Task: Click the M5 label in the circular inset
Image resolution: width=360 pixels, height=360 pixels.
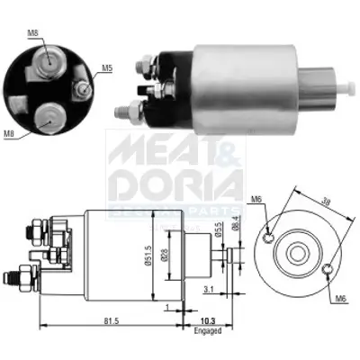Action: tap(106, 67)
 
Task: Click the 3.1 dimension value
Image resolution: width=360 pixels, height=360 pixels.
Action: tap(208, 290)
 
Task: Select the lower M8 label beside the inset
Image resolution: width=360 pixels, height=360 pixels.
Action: tap(9, 135)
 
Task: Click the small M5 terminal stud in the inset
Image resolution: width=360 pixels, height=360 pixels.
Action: tap(83, 87)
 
